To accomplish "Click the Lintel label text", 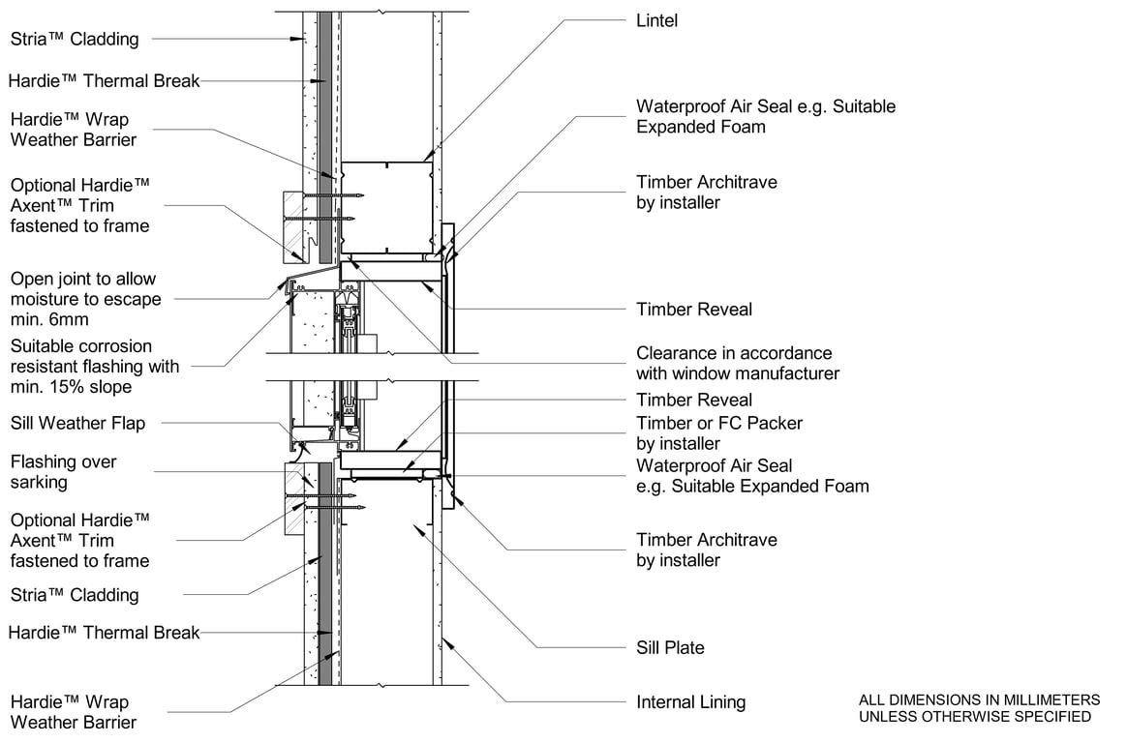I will coord(657,20).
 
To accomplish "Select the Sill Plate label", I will coord(670,647).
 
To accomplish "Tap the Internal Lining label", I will coord(690,702).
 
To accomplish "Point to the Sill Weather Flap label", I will coord(77,423).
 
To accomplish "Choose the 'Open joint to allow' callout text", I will coord(82,279).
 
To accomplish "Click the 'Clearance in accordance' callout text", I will coord(734,353).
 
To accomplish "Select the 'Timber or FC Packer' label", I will coord(719,423).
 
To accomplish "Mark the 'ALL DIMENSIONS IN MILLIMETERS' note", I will coord(979,699).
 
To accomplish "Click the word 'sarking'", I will coord(40,483).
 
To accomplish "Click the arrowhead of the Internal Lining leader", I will coord(442,643).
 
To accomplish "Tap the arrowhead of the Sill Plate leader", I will coord(413,525).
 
